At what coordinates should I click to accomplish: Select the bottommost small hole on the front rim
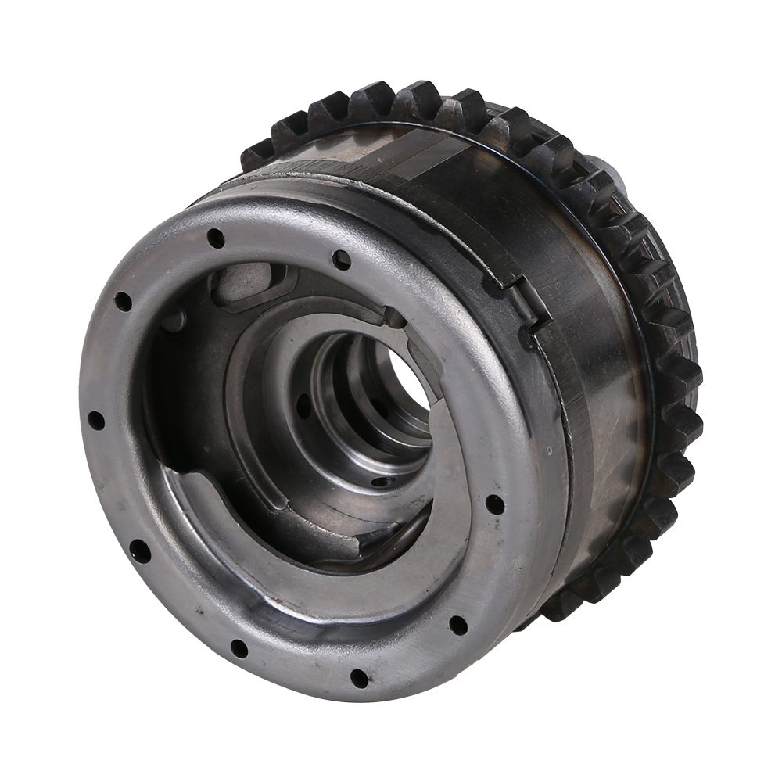[359, 677]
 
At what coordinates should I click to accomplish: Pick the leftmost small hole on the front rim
[95, 421]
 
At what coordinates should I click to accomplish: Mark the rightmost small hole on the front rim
[495, 504]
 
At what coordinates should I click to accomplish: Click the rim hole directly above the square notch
[342, 259]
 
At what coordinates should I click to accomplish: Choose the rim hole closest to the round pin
[123, 301]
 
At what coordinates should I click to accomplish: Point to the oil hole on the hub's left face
[303, 407]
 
